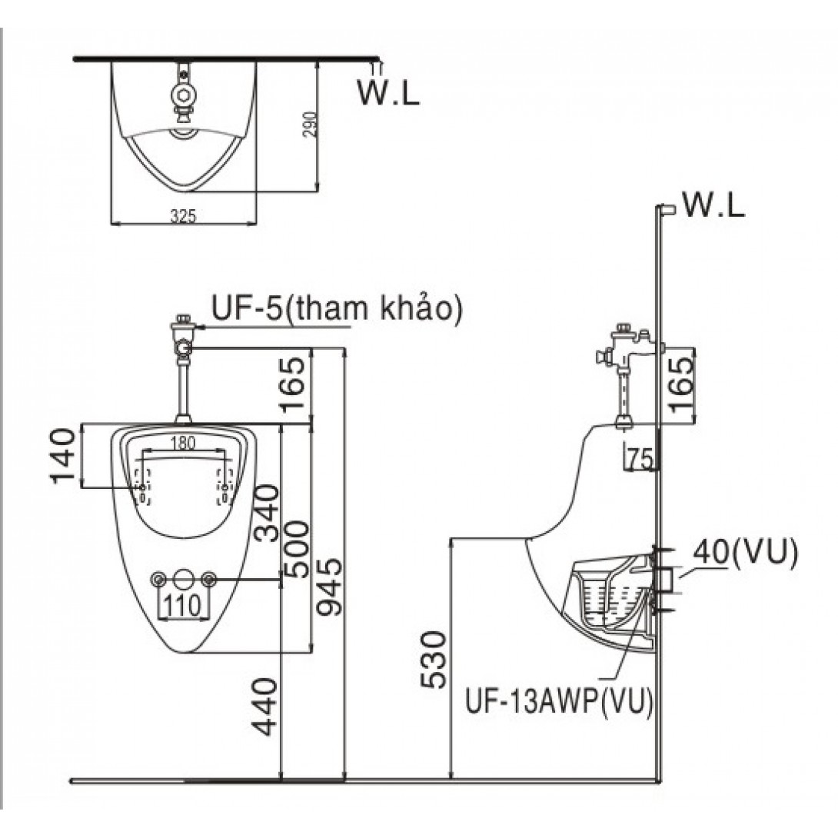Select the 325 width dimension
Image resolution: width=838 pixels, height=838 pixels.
click(184, 217)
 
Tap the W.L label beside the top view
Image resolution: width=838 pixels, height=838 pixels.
click(389, 91)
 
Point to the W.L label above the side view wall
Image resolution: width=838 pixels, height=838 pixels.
click(713, 205)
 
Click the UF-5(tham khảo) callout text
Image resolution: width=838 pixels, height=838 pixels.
click(337, 311)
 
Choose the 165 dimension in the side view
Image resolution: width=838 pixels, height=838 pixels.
click(680, 384)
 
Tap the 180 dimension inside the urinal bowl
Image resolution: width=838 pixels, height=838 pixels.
click(182, 442)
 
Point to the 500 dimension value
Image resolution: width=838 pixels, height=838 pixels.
click(295, 549)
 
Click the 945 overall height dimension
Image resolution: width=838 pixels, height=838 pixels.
click(329, 588)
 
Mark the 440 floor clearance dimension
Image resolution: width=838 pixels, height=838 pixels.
click(265, 706)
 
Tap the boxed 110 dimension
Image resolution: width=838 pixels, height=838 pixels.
click(183, 605)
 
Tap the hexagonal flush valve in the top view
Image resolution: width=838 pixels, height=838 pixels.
click(183, 95)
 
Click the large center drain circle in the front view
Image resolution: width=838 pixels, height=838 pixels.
click(183, 579)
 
